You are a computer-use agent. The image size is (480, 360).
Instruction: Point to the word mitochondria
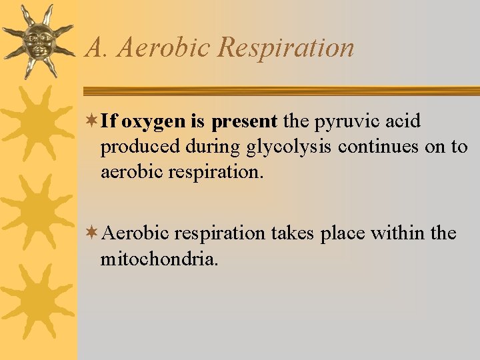[159, 258]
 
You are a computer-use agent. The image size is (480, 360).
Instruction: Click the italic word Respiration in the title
[286, 47]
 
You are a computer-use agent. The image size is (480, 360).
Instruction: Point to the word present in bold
[244, 122]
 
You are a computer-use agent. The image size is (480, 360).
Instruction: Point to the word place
[343, 234]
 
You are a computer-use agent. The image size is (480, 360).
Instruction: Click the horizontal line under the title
[280, 91]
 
